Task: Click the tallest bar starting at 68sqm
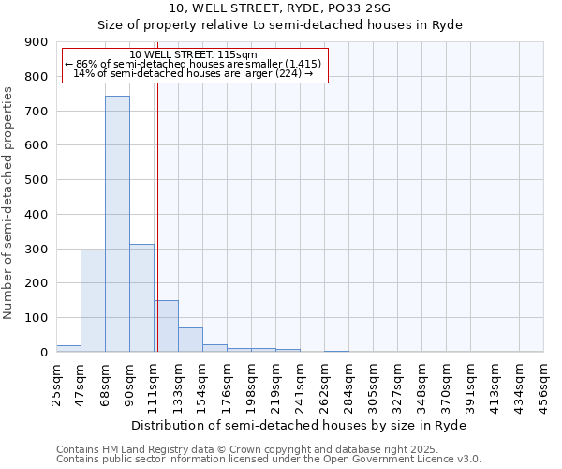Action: (x=117, y=225)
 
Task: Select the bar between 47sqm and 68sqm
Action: (x=93, y=301)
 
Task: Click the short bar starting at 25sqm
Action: (x=68, y=348)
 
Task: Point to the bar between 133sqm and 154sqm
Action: (x=190, y=340)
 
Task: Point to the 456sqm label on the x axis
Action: (x=543, y=386)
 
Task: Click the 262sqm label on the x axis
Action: (x=324, y=386)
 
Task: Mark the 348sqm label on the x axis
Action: (x=421, y=386)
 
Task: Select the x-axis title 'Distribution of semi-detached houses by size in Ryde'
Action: (x=299, y=425)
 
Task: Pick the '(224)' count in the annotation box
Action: (x=285, y=73)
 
